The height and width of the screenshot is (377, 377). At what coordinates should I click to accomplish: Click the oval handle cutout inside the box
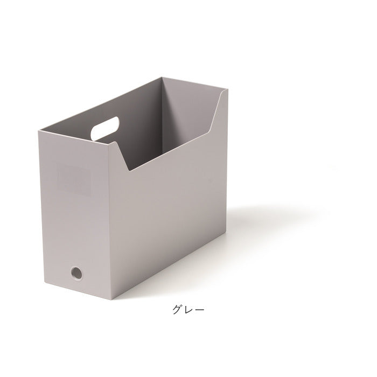point(105,129)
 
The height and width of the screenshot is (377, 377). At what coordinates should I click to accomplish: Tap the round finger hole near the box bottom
point(76,273)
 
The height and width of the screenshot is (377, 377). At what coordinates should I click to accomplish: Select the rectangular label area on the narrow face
point(74,179)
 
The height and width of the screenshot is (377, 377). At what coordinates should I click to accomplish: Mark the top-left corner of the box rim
point(38,131)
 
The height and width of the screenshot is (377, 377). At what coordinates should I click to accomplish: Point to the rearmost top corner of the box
point(162,77)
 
